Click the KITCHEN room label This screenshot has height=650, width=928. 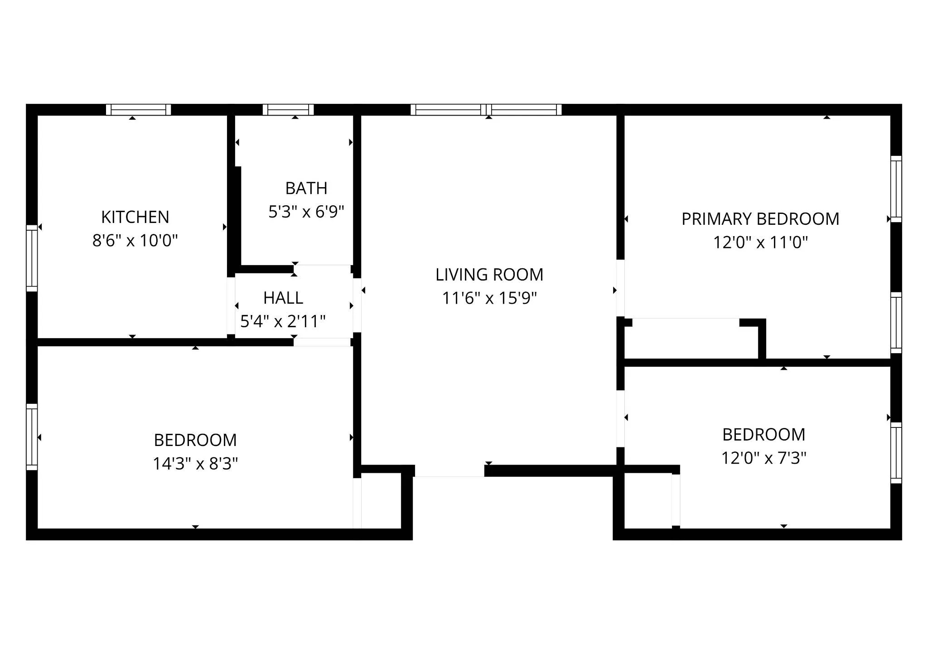tap(135, 217)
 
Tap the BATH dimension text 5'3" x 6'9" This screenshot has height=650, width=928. tap(306, 212)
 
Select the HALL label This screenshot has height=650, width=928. tap(283, 298)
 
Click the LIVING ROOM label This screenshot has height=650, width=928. tap(489, 275)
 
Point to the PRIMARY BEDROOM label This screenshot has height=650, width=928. tap(760, 219)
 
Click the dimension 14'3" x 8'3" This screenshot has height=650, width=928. tap(195, 464)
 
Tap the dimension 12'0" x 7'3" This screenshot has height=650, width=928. tap(764, 458)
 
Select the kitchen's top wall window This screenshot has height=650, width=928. tap(139, 110)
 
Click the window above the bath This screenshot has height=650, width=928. tap(288, 110)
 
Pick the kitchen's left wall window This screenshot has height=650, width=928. tap(32, 258)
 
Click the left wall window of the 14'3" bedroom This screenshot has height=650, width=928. tap(32, 437)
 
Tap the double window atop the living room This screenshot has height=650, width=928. tap(486, 110)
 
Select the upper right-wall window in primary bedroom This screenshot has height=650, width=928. tap(896, 189)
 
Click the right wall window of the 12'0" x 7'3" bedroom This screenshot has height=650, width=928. tap(896, 453)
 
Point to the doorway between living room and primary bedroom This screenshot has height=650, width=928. tap(620, 288)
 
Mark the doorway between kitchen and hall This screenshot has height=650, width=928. tap(231, 306)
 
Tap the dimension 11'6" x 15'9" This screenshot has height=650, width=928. tap(489, 298)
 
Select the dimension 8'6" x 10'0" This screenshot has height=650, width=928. tap(135, 241)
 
